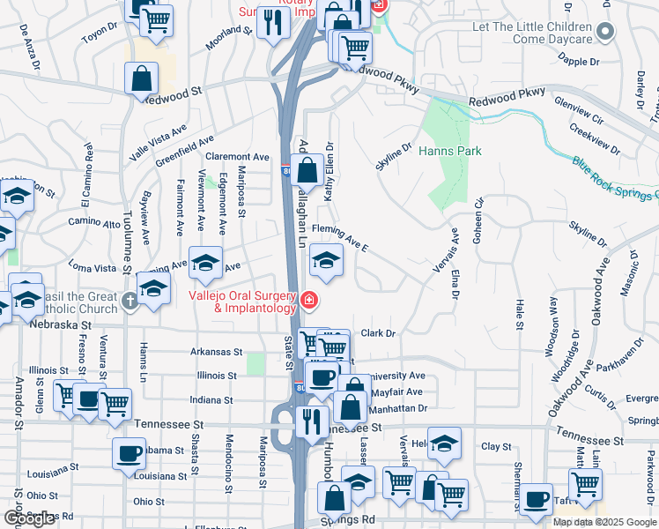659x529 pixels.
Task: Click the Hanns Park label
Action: (449, 151)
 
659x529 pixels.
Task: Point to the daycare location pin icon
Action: (604, 33)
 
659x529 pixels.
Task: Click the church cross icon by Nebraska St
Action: (130, 302)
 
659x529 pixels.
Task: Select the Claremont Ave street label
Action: (237, 156)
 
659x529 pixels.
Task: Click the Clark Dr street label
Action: (380, 333)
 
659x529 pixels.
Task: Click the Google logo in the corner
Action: (29, 518)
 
